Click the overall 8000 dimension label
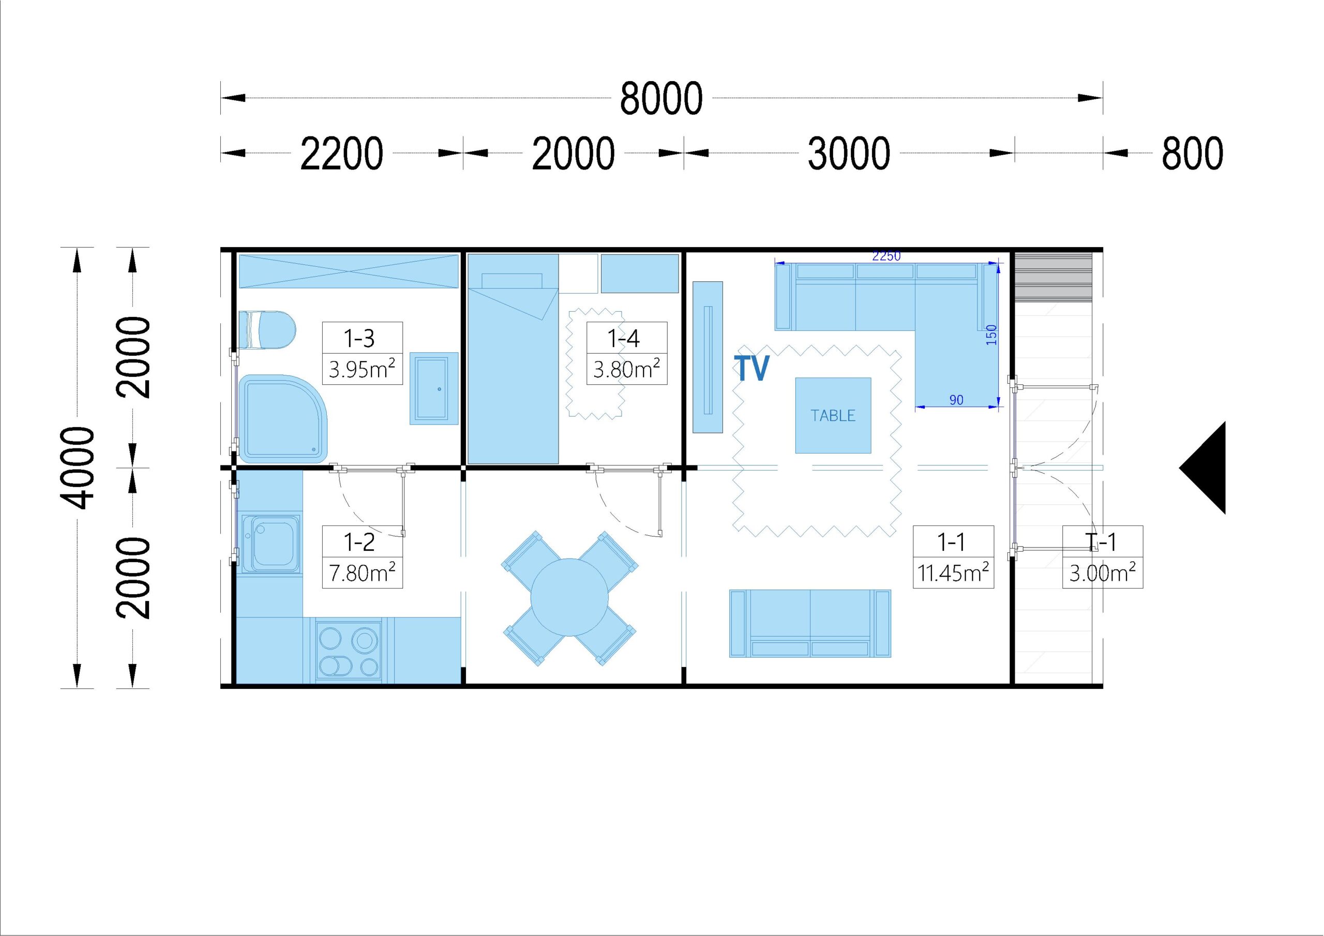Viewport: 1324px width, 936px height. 661,99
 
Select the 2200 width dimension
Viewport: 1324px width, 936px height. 342,154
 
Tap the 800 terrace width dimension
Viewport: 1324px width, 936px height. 1192,154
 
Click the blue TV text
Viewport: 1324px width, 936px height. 751,368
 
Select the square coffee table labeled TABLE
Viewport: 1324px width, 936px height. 833,415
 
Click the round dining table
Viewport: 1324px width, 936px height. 569,597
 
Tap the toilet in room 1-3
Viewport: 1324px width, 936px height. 266,330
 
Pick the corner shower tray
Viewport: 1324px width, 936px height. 282,418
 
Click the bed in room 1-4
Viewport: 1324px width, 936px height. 513,359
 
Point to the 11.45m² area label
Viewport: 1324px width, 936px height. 953,572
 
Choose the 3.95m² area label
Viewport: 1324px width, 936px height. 362,369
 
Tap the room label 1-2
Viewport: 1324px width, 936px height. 359,541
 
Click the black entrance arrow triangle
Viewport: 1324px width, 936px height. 1203,467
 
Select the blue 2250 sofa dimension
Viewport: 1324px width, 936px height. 886,256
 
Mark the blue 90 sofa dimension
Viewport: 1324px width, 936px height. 956,400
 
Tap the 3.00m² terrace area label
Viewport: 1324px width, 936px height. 1103,572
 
